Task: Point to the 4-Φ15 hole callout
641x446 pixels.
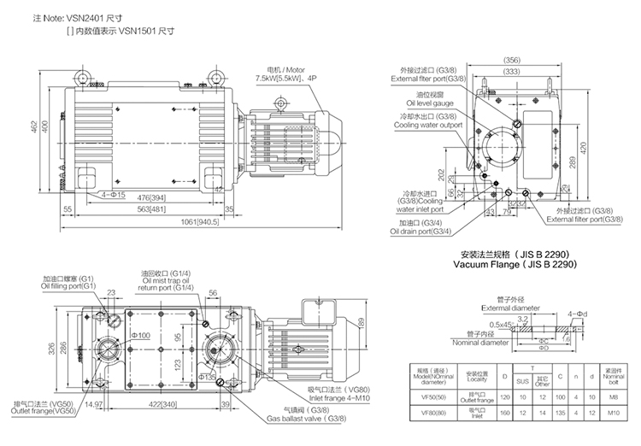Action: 114,195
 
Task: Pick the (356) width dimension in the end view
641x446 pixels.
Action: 512,61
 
